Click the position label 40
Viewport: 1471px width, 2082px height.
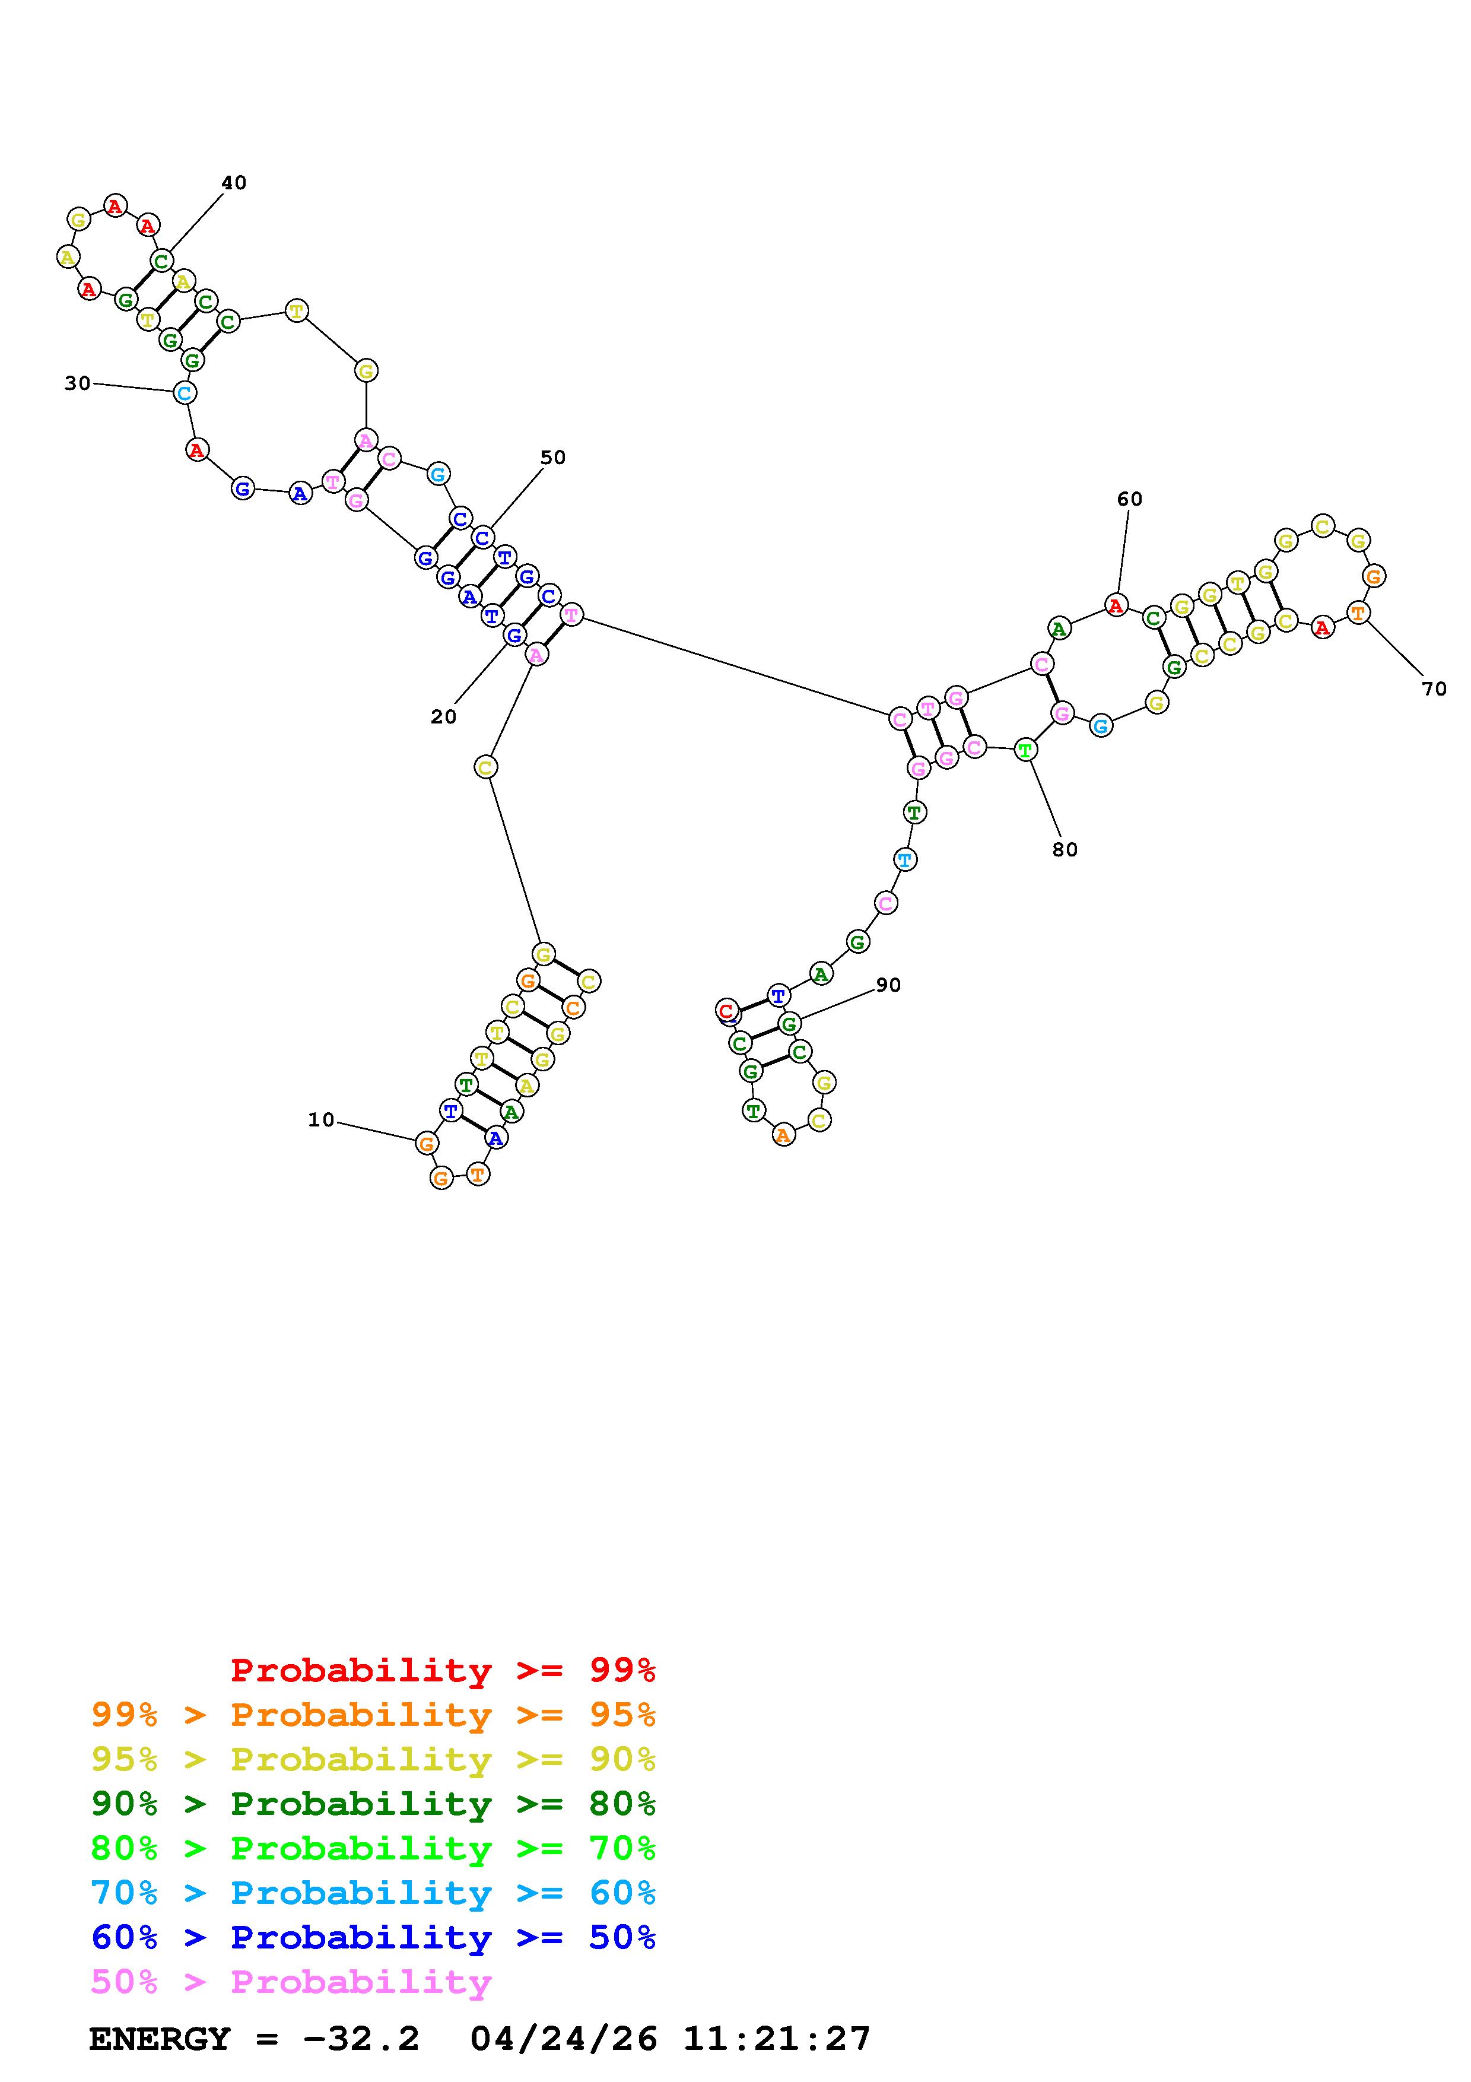[x=234, y=182]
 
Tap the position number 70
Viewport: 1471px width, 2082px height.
[x=1434, y=689]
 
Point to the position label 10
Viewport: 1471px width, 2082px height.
[x=321, y=1120]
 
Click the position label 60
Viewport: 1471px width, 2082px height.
[x=1129, y=499]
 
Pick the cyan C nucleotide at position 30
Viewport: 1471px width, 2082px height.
[x=184, y=393]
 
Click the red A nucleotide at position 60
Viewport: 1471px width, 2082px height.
[x=1116, y=605]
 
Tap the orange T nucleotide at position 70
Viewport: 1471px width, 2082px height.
[x=1358, y=613]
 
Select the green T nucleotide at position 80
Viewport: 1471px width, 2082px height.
[x=1025, y=750]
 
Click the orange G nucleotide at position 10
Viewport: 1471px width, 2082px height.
[x=426, y=1144]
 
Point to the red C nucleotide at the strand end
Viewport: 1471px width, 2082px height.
[x=726, y=1010]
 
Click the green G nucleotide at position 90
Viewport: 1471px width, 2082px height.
[x=789, y=1024]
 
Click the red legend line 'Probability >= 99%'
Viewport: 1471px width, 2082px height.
[x=443, y=1670]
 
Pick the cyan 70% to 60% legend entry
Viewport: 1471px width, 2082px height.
[x=373, y=1893]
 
